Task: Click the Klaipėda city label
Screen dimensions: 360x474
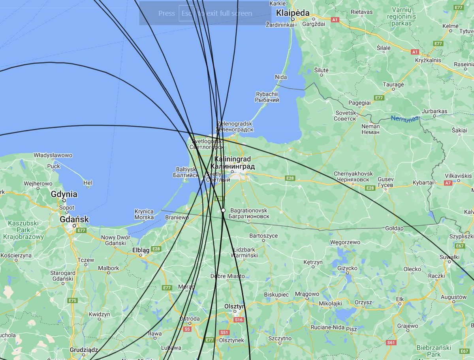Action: point(293,13)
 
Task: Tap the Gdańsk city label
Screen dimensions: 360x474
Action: point(74,219)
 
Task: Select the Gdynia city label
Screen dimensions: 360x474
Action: point(64,194)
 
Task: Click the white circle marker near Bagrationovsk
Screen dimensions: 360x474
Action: point(223,210)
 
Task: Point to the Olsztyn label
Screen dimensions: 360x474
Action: point(235,306)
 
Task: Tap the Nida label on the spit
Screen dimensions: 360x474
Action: point(281,77)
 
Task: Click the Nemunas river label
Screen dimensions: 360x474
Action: point(404,118)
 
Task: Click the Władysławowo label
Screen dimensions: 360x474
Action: point(53,155)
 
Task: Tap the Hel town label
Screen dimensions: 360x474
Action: point(88,183)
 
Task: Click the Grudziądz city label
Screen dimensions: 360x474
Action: point(84,350)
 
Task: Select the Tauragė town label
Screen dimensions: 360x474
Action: point(393,84)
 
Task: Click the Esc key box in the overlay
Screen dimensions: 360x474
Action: point(186,13)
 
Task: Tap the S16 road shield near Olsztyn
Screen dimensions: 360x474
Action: point(239,320)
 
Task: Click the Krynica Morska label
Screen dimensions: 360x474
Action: point(144,214)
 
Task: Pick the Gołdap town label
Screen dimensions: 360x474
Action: point(394,229)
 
